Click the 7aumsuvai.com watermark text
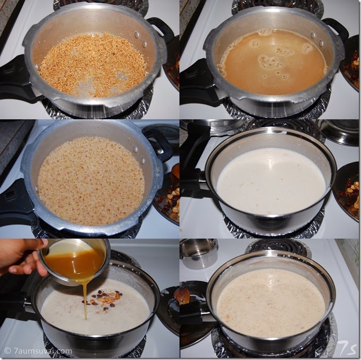38,351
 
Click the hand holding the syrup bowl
22,257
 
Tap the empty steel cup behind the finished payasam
198,254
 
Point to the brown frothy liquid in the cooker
272,62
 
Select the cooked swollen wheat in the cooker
91,181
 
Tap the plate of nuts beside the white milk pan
347,191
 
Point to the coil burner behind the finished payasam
279,248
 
